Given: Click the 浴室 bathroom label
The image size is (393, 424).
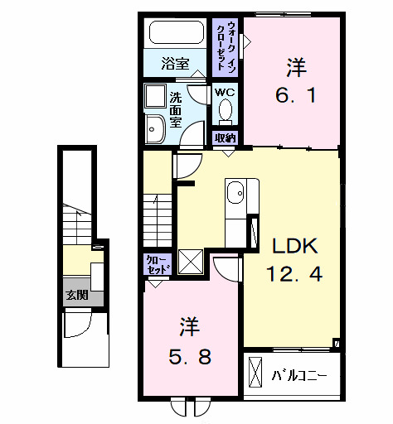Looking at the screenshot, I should pos(175,62).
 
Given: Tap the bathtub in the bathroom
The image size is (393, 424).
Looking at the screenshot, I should pos(175,34).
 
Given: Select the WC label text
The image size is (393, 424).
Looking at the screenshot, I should pos(224,92).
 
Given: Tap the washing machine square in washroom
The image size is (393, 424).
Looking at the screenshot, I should pos(156,96).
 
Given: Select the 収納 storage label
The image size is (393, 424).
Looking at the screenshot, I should pos(225,137).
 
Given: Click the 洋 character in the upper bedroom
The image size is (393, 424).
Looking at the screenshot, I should pos(295,64).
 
